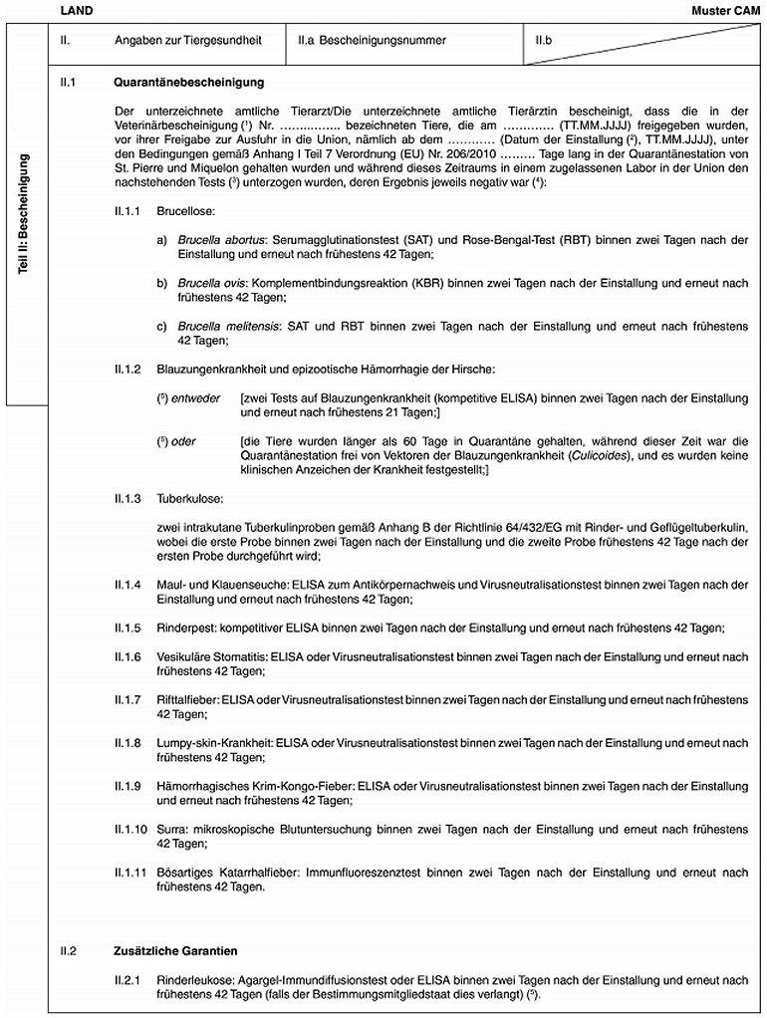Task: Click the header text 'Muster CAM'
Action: coord(725,10)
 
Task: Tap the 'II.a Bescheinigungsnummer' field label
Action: coord(371,41)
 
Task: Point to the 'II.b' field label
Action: coord(544,41)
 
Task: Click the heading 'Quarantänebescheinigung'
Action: coord(189,81)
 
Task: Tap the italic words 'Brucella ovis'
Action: coord(211,283)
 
